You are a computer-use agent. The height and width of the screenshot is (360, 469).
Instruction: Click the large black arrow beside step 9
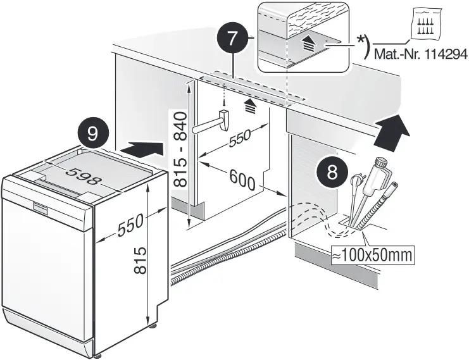pyautogui.click(x=141, y=150)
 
